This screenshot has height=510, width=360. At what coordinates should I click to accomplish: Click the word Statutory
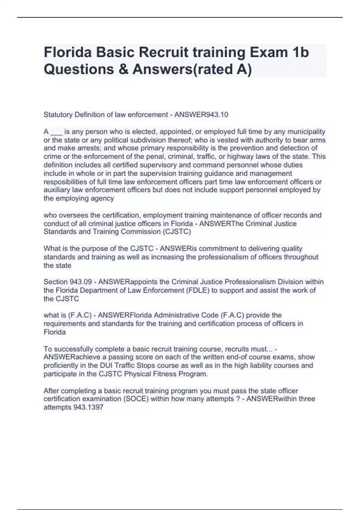pos(58,115)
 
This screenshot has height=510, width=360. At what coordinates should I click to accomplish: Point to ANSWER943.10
pos(201,115)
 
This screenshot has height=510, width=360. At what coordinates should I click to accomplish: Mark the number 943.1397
pos(88,407)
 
